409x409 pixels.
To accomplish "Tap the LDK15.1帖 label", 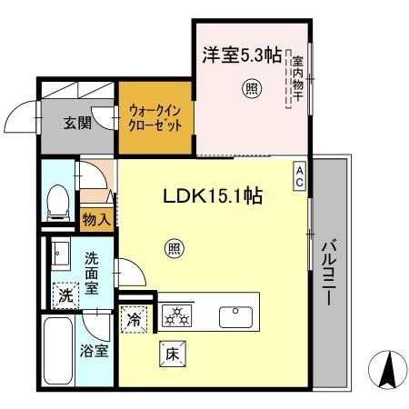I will click(213, 195).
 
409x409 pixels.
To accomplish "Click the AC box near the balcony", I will click(299, 175).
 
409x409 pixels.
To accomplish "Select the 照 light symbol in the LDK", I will click(173, 245).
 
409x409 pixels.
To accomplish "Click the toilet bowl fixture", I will click(58, 201).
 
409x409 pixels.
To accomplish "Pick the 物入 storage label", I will click(95, 218).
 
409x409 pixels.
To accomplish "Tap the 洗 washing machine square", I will click(65, 295).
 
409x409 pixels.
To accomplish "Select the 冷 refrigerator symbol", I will click(134, 319).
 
